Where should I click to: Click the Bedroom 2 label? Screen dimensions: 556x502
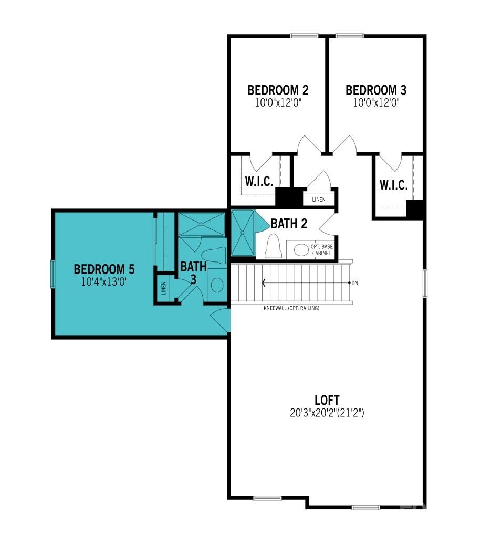click(277, 90)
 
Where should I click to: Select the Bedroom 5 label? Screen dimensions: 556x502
click(104, 269)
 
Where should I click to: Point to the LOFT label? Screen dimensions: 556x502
click(328, 400)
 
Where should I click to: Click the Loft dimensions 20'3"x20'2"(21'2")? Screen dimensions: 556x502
click(328, 413)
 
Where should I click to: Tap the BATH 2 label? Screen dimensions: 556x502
click(289, 224)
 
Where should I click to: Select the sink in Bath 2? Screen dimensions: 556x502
click(301, 250)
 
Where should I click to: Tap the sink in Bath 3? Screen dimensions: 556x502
click(216, 285)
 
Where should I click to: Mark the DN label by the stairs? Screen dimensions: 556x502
click(355, 283)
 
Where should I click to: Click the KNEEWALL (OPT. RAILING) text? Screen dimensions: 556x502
click(291, 308)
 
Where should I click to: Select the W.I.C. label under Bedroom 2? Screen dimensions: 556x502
click(258, 182)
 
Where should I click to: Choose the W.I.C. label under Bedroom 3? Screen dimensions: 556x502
click(393, 185)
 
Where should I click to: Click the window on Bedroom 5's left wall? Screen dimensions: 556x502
click(52, 274)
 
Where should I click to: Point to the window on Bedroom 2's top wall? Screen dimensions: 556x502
click(304, 36)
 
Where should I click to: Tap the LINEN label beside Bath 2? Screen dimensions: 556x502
click(319, 200)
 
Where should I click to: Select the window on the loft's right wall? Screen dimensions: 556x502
click(425, 284)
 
